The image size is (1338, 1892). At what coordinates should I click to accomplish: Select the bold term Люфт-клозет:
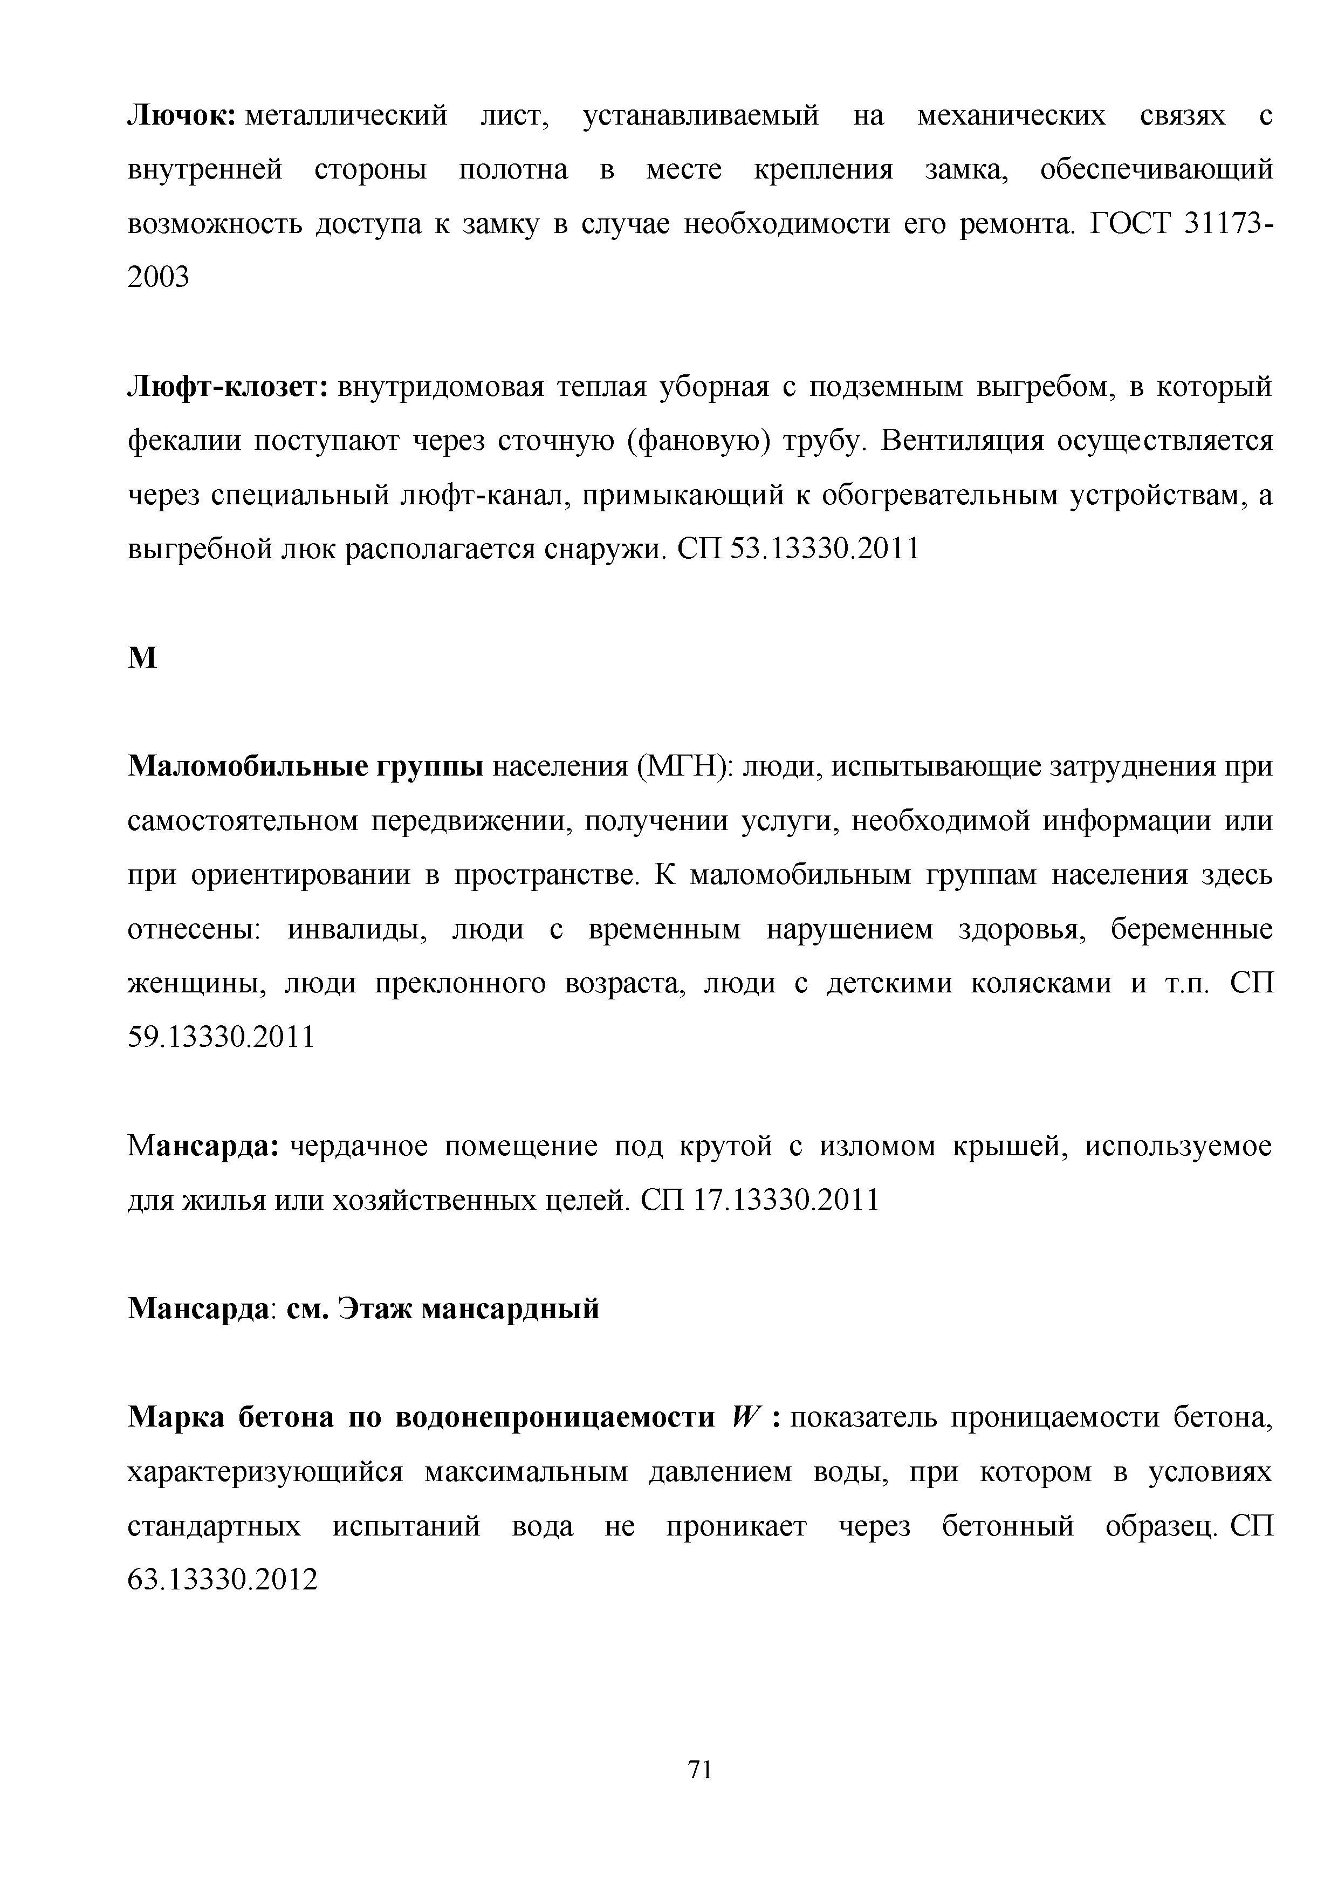tap(228, 388)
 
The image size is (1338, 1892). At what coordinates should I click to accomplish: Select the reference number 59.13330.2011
tap(221, 1038)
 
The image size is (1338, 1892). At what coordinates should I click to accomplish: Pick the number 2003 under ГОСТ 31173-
tap(158, 278)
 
